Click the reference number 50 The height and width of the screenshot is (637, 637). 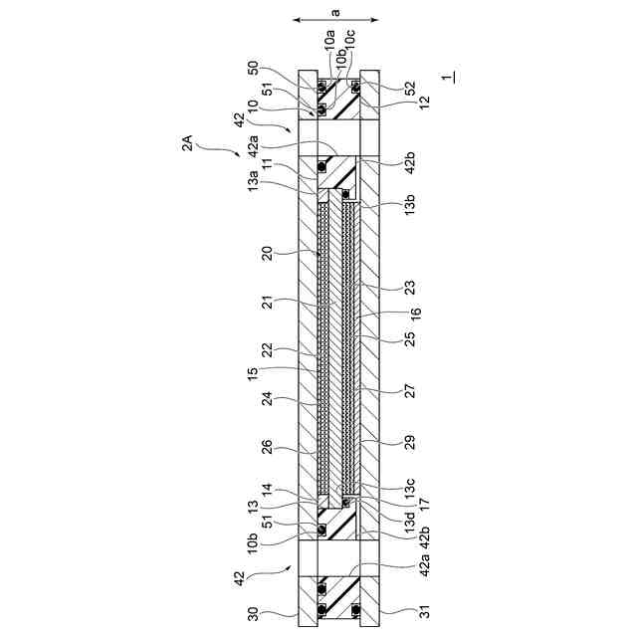pyautogui.click(x=253, y=68)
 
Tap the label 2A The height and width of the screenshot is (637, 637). pyautogui.click(x=187, y=143)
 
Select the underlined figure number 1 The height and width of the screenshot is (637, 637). pyautogui.click(x=448, y=78)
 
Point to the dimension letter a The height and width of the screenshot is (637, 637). pyautogui.click(x=335, y=13)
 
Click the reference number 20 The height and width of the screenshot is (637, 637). pyautogui.click(x=268, y=254)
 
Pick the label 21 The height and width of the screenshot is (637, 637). pyautogui.click(x=268, y=303)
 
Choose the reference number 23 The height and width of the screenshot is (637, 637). pyautogui.click(x=410, y=288)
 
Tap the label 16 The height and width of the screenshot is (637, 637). pyautogui.click(x=416, y=314)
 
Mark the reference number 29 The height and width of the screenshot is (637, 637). pyautogui.click(x=410, y=442)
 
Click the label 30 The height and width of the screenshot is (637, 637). pyautogui.click(x=253, y=614)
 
